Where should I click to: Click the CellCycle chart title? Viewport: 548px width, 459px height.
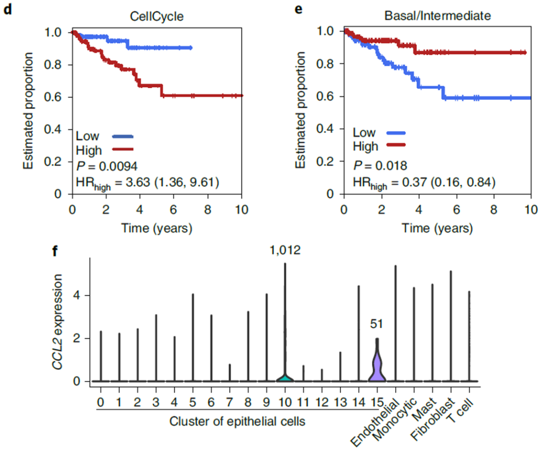click(x=157, y=16)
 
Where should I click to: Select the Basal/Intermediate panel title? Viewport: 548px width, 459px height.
click(x=437, y=16)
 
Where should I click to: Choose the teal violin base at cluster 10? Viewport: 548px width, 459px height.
click(x=285, y=378)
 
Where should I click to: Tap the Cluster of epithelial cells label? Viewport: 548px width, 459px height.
click(x=237, y=421)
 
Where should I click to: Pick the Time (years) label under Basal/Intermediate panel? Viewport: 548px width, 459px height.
click(x=437, y=228)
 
